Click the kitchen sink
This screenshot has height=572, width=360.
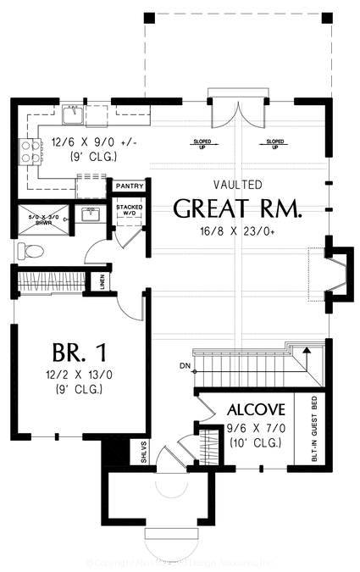coord(70,113)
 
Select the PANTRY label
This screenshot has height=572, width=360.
coord(129,185)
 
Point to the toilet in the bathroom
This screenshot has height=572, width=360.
coord(28,250)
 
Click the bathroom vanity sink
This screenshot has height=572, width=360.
coord(88,215)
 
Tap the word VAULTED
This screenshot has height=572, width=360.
coord(238,185)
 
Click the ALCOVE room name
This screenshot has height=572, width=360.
coord(255,409)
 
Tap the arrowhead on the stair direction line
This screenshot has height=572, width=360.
coord(307,348)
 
